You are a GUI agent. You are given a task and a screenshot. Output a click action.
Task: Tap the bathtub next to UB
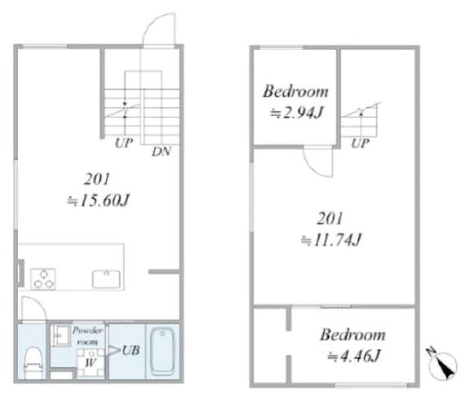[163, 351]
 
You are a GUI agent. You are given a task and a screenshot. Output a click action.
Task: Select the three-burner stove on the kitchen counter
[42, 279]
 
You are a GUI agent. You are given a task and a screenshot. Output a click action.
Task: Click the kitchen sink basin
[106, 279]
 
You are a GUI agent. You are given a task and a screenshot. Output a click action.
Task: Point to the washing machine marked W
[90, 363]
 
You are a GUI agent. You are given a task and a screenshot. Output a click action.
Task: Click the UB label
[131, 351]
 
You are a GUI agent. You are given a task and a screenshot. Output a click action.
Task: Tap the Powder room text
[87, 336]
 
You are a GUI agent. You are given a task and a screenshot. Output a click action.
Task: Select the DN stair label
[162, 151]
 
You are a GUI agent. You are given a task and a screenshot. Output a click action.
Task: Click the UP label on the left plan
[123, 143]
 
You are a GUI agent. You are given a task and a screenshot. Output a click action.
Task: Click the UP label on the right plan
[360, 143]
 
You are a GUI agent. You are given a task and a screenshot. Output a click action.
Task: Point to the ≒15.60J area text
[98, 200]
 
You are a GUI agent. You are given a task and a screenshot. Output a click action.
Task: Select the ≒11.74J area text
[331, 240]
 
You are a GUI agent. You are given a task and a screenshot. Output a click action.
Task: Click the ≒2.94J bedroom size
[297, 113]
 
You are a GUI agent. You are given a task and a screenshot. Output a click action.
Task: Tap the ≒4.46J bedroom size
[354, 356]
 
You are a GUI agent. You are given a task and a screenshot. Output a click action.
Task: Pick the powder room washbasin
[59, 335]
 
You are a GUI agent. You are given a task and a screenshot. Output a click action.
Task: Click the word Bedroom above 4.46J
[353, 335]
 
